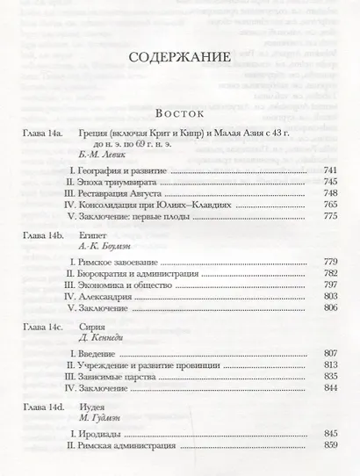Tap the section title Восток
(180, 114)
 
